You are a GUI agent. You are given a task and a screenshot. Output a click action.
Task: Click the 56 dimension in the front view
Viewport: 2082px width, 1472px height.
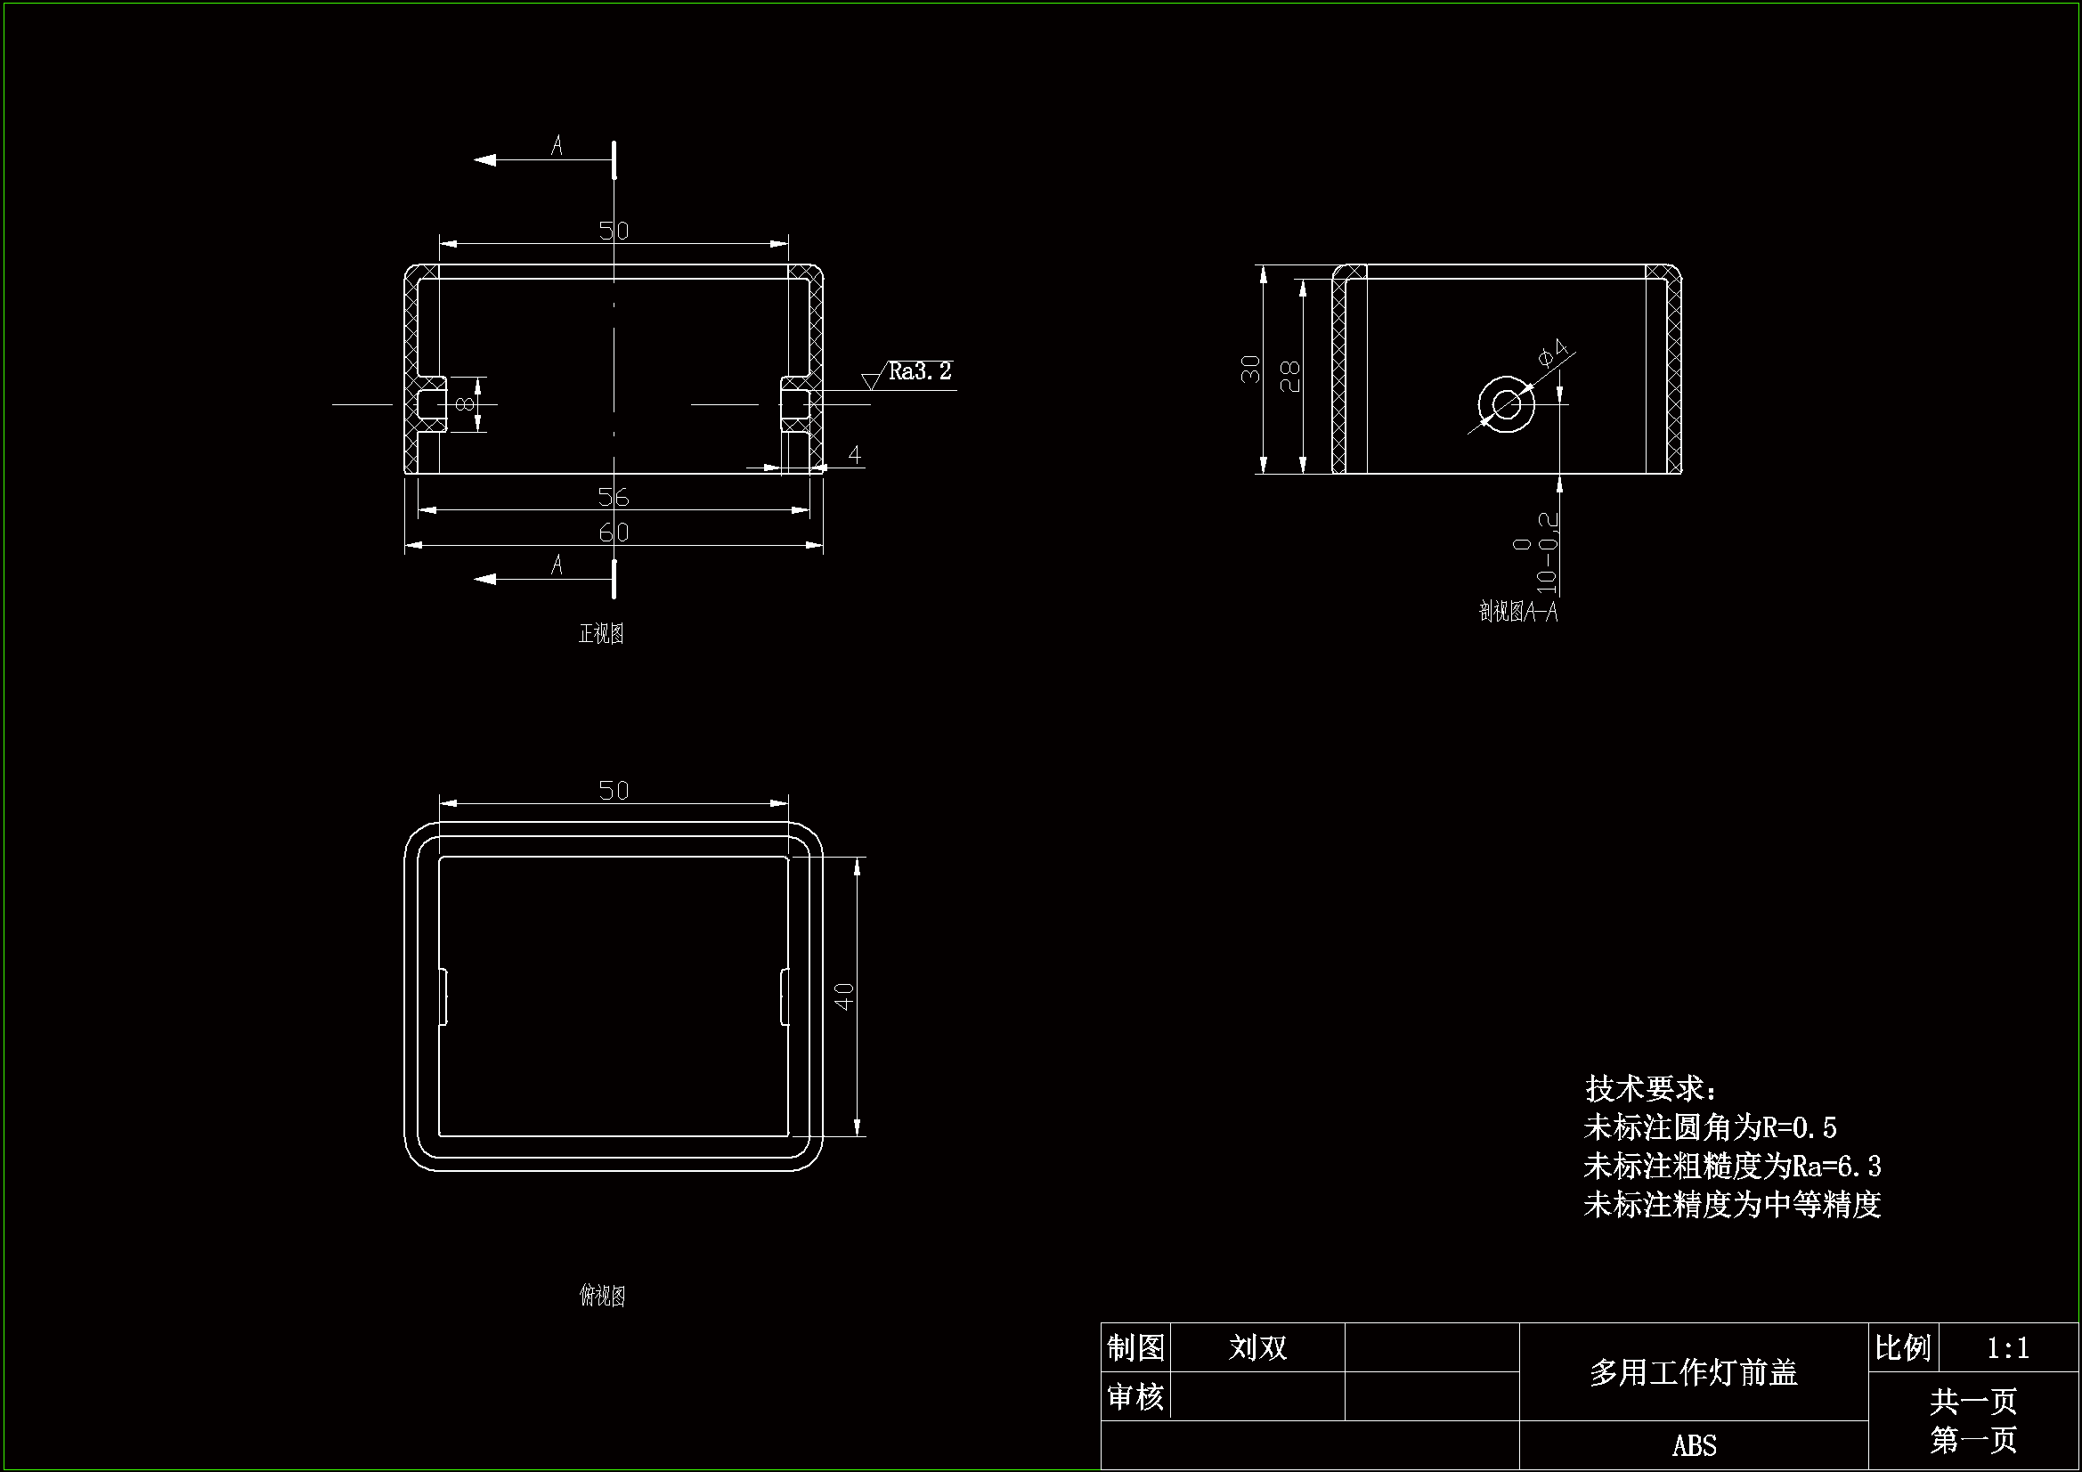[x=614, y=496]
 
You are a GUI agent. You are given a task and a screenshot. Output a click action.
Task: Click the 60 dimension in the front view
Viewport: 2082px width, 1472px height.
[x=614, y=532]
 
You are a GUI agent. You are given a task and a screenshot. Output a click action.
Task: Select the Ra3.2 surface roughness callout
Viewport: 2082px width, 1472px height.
[x=919, y=371]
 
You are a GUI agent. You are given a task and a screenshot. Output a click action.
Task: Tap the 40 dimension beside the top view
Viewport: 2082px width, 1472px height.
[x=844, y=996]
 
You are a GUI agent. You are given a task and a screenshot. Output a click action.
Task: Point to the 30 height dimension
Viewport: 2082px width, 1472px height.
[x=1250, y=369]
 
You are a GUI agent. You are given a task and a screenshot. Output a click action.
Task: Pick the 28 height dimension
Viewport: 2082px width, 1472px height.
[x=1289, y=376]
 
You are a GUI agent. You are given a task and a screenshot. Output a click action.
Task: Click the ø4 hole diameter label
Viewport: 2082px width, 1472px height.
[x=1553, y=352]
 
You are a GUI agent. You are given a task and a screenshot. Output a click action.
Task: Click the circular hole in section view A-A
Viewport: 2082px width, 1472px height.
[x=1506, y=404]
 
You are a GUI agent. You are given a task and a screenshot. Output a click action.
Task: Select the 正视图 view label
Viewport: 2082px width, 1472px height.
[x=601, y=633]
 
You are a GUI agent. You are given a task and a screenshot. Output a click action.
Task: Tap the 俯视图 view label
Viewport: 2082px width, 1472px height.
[x=602, y=1296]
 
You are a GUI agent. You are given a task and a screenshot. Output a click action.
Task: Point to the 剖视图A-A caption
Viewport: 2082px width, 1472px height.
[x=1518, y=612]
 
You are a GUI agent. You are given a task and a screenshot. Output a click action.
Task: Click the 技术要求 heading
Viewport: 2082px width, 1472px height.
[x=1650, y=1088]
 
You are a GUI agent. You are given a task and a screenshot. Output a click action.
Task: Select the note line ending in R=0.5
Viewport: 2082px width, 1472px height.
[x=1710, y=1127]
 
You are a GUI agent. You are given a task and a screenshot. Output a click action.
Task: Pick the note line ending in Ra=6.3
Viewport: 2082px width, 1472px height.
[x=1732, y=1166]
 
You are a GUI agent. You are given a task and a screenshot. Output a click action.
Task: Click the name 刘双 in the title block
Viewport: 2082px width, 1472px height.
[x=1257, y=1347]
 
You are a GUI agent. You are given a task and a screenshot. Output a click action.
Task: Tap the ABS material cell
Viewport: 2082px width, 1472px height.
[x=1694, y=1444]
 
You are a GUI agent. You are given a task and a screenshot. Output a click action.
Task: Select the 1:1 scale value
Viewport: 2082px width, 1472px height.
[x=2007, y=1348]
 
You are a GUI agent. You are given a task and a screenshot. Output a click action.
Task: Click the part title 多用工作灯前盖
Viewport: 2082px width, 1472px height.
[x=1693, y=1372]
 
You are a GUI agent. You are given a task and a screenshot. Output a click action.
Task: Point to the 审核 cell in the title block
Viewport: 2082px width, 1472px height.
[x=1135, y=1396]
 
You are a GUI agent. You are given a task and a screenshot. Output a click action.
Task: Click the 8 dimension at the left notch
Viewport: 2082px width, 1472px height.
[x=465, y=403]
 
